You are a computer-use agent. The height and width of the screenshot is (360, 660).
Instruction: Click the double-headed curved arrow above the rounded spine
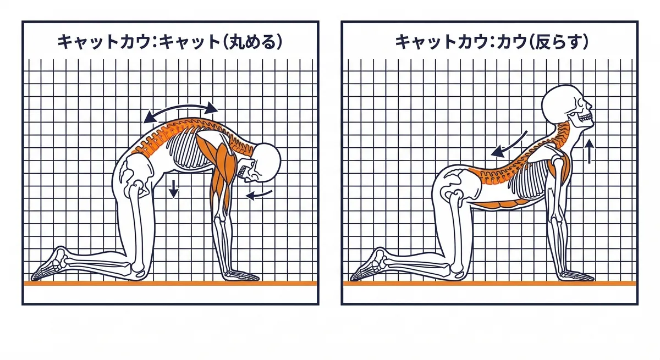[x=180, y=110]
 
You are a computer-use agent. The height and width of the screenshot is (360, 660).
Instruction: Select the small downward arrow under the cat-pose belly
[x=174, y=189]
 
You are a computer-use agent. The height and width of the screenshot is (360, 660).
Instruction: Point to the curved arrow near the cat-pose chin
[x=259, y=193]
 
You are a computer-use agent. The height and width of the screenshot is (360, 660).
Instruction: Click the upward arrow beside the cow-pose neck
[x=589, y=152]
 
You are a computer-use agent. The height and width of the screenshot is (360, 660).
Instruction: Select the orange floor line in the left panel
[x=170, y=283]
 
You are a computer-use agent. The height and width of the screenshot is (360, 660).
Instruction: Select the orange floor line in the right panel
[x=490, y=283]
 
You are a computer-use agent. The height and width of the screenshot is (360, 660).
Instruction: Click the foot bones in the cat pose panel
[x=50, y=264]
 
